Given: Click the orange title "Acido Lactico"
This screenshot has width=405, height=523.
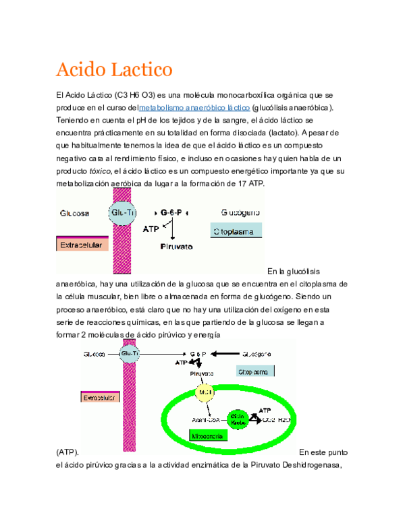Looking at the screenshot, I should [x=114, y=69].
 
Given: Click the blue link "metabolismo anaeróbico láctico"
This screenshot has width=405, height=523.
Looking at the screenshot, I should [x=194, y=107].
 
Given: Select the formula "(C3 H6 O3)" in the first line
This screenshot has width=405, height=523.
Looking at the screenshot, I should [x=136, y=95].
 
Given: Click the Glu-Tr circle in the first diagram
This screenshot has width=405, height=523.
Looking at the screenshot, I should [x=122, y=213].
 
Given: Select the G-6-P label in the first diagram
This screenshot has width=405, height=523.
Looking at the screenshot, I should [x=174, y=212].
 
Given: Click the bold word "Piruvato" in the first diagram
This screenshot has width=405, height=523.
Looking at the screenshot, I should [x=175, y=247].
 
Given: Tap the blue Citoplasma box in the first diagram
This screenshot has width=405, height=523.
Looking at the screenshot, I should [x=236, y=230].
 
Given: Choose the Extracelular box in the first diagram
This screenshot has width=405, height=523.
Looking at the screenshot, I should [x=82, y=245].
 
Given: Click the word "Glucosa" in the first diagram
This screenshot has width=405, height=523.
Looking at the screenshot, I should [x=74, y=213].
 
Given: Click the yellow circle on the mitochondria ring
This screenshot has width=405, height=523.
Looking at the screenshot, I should [x=204, y=392].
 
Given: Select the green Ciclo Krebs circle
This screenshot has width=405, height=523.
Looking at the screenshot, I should [x=237, y=419].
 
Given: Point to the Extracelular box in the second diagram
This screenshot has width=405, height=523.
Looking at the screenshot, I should [x=100, y=398].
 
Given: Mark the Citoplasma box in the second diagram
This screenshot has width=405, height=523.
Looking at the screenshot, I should [x=255, y=371].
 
